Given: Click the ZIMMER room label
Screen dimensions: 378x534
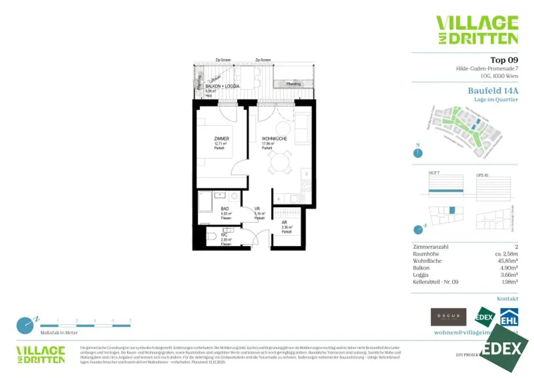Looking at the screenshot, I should [222, 138].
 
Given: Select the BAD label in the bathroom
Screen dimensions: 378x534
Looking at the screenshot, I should [224, 208].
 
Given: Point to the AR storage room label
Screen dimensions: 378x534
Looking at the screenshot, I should [284, 221].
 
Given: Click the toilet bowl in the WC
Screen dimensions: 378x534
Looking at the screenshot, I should [212, 238].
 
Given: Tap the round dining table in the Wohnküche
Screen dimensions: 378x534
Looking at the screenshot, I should [280, 162].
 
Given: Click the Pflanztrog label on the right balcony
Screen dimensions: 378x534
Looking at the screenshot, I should [293, 84].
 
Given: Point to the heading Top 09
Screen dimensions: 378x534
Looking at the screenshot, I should [504, 60].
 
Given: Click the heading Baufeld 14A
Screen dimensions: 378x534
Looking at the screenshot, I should [493, 90].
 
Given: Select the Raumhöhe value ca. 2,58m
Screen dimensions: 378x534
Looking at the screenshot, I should [504, 254].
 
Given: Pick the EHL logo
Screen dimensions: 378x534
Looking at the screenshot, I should [509, 317].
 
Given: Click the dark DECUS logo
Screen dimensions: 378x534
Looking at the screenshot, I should [448, 316].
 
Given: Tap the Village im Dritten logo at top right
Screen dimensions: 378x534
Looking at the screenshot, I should [477, 30].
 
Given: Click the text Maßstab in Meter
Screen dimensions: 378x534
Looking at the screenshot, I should [59, 333].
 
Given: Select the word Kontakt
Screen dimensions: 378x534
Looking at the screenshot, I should [507, 299].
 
